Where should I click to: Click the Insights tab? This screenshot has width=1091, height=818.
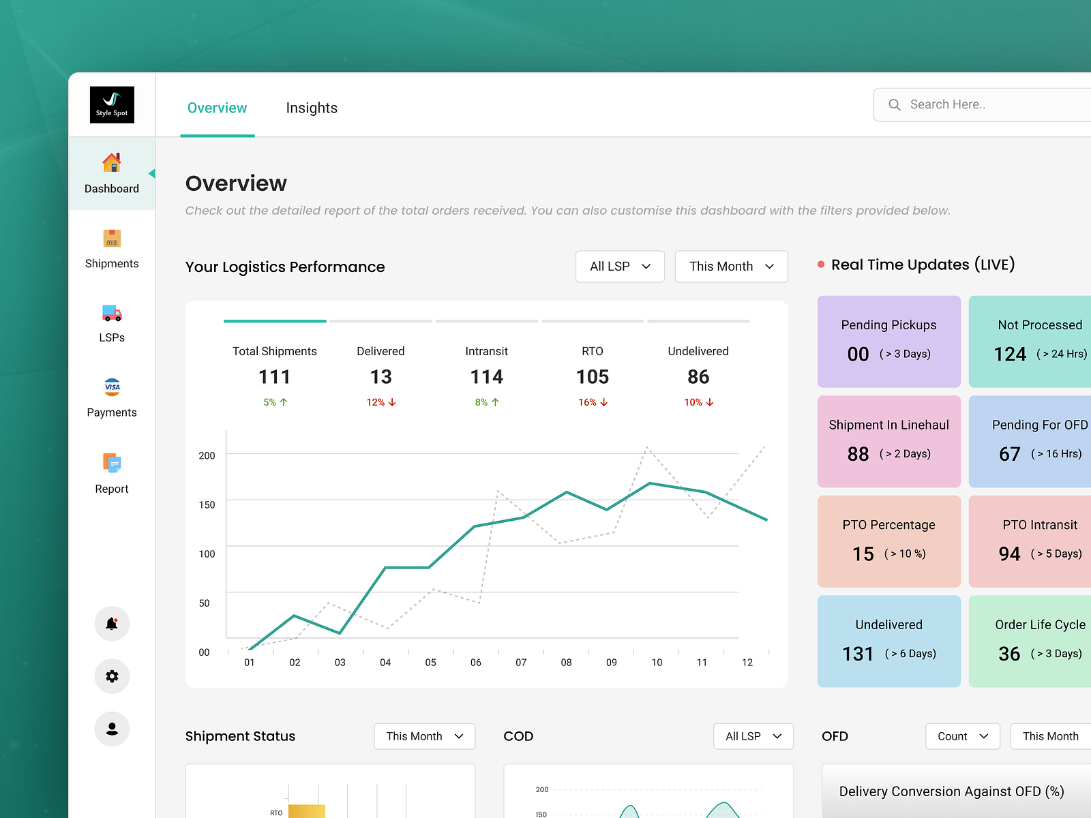click(312, 108)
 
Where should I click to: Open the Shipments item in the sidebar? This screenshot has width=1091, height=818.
click(112, 249)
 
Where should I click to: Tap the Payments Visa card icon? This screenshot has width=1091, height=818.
click(112, 387)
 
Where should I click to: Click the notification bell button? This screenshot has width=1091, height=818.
click(112, 623)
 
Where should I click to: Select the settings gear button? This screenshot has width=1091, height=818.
click(112, 676)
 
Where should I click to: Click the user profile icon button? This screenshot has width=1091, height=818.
click(112, 729)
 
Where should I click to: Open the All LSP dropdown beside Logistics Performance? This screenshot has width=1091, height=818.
click(620, 267)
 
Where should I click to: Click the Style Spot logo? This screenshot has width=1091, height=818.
click(112, 104)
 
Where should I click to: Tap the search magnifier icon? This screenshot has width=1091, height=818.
click(895, 105)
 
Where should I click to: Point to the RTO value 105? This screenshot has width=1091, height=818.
click(592, 377)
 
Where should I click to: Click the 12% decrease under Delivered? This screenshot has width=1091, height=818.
click(380, 402)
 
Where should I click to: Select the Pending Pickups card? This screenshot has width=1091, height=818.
click(888, 341)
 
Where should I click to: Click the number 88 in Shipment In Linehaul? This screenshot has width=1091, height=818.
click(858, 454)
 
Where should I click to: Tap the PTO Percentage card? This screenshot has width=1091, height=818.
click(888, 541)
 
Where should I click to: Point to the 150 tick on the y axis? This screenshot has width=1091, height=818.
click(207, 504)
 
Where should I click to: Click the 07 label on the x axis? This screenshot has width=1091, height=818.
click(521, 663)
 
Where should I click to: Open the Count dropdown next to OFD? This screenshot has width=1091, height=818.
click(962, 736)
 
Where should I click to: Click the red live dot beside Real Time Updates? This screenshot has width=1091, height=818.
click(821, 264)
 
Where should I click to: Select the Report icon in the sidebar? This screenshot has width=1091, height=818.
click(112, 464)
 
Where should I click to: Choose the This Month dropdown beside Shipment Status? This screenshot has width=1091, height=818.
click(424, 736)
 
